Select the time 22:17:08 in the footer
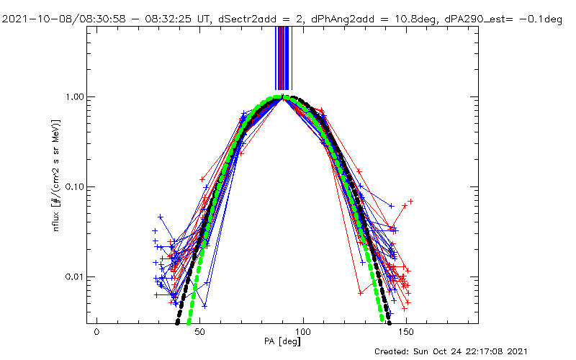click(x=505, y=351)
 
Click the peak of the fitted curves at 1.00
click(x=284, y=96)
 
